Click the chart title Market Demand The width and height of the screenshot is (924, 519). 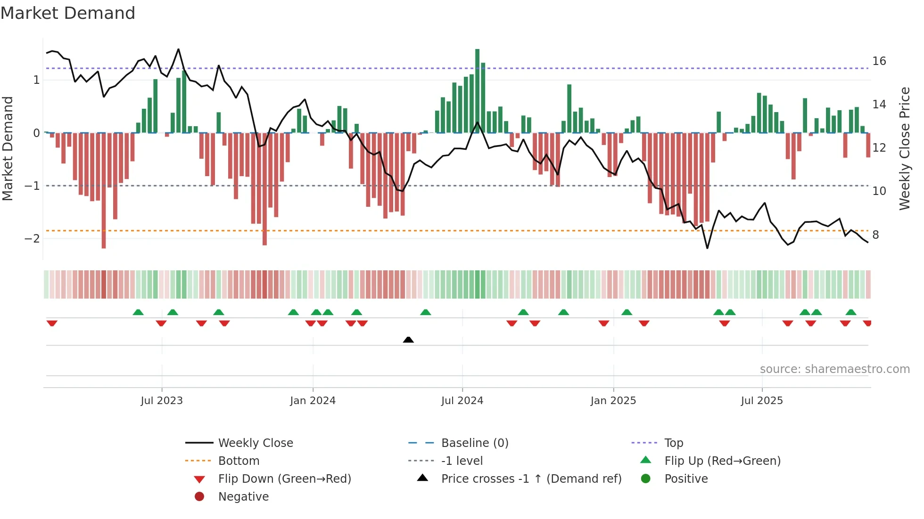pyautogui.click(x=68, y=13)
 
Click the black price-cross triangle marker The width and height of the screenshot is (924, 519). pyautogui.click(x=408, y=340)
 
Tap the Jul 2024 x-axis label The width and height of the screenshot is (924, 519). pyautogui.click(x=462, y=401)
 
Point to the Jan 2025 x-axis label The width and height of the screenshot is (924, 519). pyautogui.click(x=613, y=401)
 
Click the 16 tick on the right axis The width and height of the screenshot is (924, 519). pyautogui.click(x=879, y=61)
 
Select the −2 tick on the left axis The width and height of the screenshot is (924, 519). pyautogui.click(x=33, y=238)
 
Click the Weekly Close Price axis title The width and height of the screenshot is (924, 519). pyautogui.click(x=904, y=148)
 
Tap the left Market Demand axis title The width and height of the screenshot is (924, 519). pyautogui.click(x=8, y=148)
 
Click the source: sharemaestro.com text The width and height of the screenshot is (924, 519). pyautogui.click(x=834, y=369)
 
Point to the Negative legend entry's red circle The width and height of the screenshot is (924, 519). pyautogui.click(x=199, y=496)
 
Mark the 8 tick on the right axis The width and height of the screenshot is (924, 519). pyautogui.click(x=875, y=235)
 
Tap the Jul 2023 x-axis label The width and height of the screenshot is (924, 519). pyautogui.click(x=162, y=401)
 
